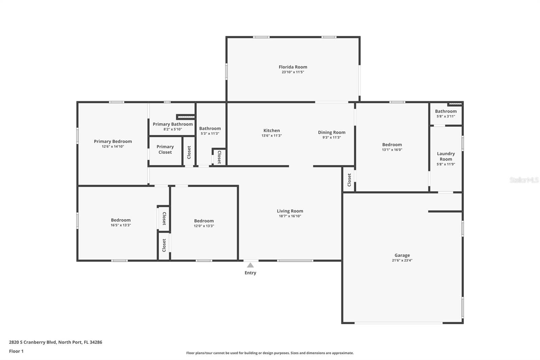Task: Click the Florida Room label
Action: coord(293,67)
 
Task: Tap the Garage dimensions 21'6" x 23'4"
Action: coord(402,260)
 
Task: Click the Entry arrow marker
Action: coord(250,265)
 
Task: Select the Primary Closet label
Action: coord(165,149)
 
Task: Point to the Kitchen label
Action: coord(272,131)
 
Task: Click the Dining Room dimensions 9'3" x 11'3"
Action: coord(332,137)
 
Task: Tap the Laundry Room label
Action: coord(446,156)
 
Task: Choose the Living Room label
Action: coord(290,211)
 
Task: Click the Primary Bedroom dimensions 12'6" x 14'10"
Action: coord(113,147)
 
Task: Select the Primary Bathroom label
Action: coord(173,124)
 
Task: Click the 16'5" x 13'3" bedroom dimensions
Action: coord(121,225)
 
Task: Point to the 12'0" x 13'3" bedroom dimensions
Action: coord(204,226)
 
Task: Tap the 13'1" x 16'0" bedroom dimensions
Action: coord(392,150)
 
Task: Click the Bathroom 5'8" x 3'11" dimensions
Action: coord(446,116)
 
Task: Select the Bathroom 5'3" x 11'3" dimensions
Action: coord(210,133)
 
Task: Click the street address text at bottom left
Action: coord(56,342)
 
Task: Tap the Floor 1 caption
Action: coord(17,351)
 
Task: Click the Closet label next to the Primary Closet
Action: coord(189,152)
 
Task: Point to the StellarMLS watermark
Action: coord(524,180)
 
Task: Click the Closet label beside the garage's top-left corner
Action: coord(349,180)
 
